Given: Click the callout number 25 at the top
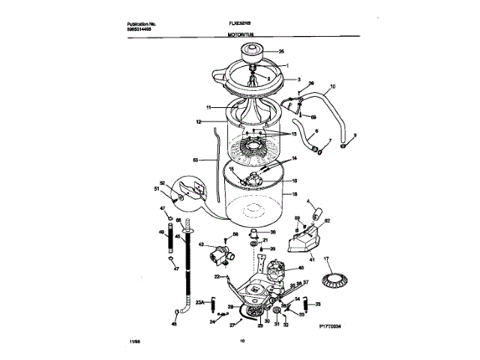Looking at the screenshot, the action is [282, 52].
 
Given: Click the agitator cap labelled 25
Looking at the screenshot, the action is [253, 52].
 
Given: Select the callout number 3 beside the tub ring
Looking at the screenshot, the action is [298, 79].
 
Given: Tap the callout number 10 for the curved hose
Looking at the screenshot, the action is [333, 87].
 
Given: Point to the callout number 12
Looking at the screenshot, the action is [199, 121].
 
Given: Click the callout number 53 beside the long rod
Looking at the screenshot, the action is [195, 160].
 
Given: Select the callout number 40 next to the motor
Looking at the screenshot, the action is [301, 268].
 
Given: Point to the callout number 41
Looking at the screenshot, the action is [312, 259].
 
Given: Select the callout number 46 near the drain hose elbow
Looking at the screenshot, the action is [175, 325].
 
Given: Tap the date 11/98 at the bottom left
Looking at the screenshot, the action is [113, 343].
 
